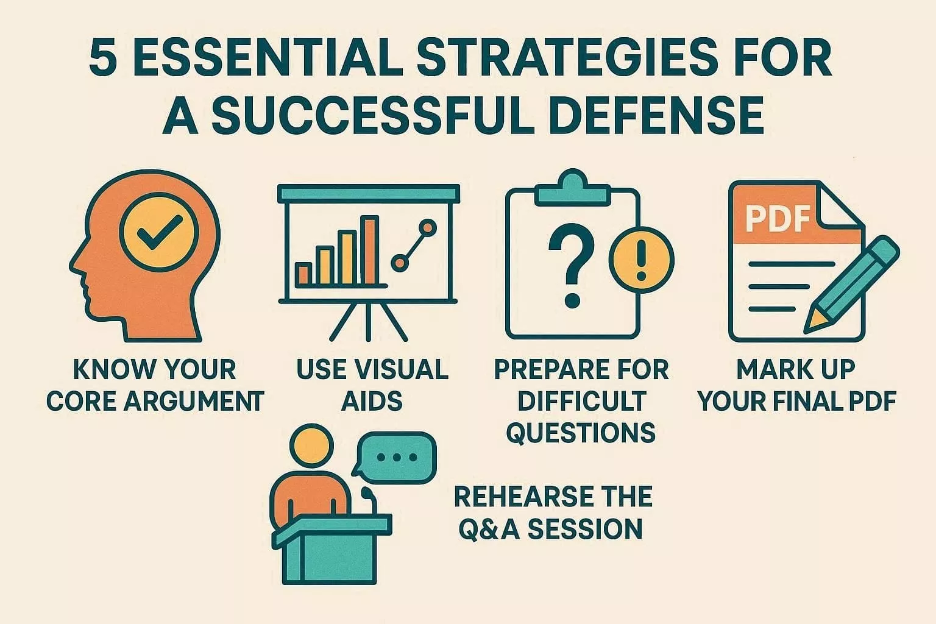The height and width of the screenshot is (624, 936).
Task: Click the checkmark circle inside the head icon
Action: (x=159, y=235)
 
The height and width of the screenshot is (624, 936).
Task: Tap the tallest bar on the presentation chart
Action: (x=369, y=250)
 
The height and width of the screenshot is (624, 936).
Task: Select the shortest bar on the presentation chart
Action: (x=303, y=274)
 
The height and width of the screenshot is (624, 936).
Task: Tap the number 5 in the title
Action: (x=102, y=60)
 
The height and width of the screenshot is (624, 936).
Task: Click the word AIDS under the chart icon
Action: (x=372, y=402)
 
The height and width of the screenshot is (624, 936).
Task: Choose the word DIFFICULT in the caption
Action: (x=581, y=402)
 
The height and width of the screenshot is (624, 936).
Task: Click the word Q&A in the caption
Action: (x=488, y=528)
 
